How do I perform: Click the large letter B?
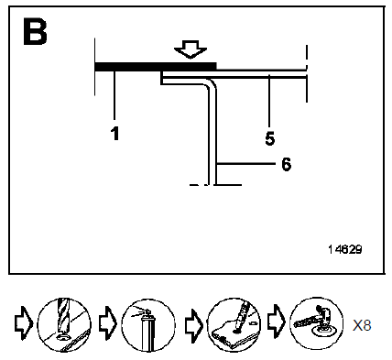click(35, 32)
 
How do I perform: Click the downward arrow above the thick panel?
click(191, 49)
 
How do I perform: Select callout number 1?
click(114, 134)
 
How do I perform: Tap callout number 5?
click(270, 138)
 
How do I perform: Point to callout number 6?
click(286, 164)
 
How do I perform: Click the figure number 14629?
click(345, 249)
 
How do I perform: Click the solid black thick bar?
click(156, 67)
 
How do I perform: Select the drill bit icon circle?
click(64, 324)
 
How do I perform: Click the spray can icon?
click(148, 325)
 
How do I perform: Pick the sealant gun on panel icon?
click(234, 324)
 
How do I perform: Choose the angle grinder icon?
click(316, 323)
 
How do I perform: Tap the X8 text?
click(362, 325)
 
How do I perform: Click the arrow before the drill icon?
click(23, 323)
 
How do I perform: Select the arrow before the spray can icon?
click(108, 323)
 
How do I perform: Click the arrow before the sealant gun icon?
click(194, 325)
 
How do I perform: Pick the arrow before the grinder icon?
click(277, 322)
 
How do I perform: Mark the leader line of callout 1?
click(114, 95)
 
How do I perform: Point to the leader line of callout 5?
click(269, 101)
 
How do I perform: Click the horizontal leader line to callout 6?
click(246, 164)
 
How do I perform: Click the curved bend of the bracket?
click(212, 83)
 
